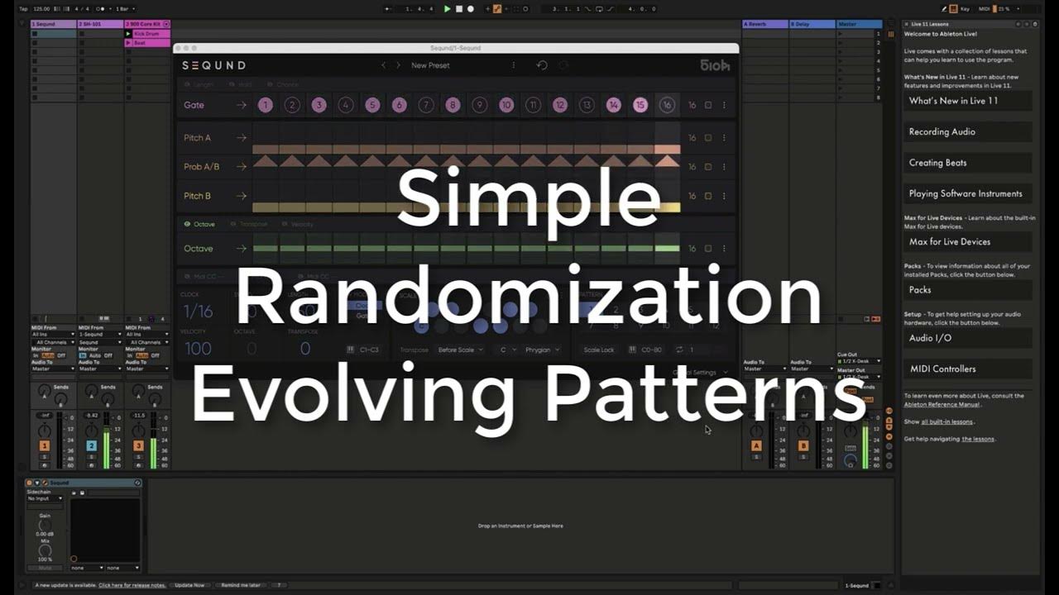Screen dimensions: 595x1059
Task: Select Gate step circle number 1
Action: point(265,105)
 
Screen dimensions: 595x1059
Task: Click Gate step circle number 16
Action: point(667,105)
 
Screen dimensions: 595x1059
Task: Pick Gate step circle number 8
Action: point(453,105)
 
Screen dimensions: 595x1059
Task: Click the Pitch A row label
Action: point(197,138)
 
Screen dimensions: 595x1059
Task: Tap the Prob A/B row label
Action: point(201,167)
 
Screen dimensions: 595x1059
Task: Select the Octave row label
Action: point(199,248)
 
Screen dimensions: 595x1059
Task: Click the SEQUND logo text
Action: point(214,65)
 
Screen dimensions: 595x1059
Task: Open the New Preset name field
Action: point(430,65)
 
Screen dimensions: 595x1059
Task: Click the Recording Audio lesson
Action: point(942,132)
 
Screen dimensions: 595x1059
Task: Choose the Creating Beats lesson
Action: point(937,163)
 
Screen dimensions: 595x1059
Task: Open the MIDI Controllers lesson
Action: point(942,369)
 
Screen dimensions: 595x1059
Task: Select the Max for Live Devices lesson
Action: point(949,242)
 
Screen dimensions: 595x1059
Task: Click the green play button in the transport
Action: point(448,9)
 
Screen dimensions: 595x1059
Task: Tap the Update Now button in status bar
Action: point(189,585)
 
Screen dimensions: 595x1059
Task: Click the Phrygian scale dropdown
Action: point(541,350)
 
